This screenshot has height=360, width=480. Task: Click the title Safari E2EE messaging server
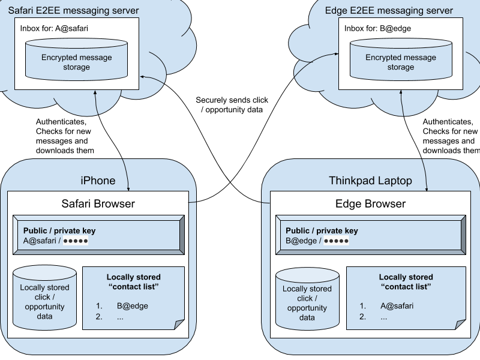click(73, 11)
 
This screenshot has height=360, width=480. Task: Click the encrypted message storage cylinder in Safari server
click(76, 62)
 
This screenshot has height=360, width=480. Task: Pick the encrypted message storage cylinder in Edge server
click(400, 62)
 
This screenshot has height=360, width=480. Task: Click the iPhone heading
click(98, 181)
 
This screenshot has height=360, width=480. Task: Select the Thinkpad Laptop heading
click(370, 181)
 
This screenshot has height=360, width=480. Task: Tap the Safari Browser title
click(98, 203)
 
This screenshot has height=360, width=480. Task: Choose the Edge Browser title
click(370, 203)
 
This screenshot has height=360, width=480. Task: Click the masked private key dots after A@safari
click(76, 241)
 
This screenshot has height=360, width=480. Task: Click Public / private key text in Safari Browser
click(59, 231)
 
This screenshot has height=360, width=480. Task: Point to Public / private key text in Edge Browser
click(322, 231)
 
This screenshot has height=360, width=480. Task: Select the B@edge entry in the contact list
click(132, 306)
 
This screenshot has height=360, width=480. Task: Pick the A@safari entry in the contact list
click(397, 306)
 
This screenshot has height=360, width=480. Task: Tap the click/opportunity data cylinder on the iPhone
click(45, 300)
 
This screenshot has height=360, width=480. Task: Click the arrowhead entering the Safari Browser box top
click(129, 188)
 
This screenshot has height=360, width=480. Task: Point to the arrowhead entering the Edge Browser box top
click(427, 188)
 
